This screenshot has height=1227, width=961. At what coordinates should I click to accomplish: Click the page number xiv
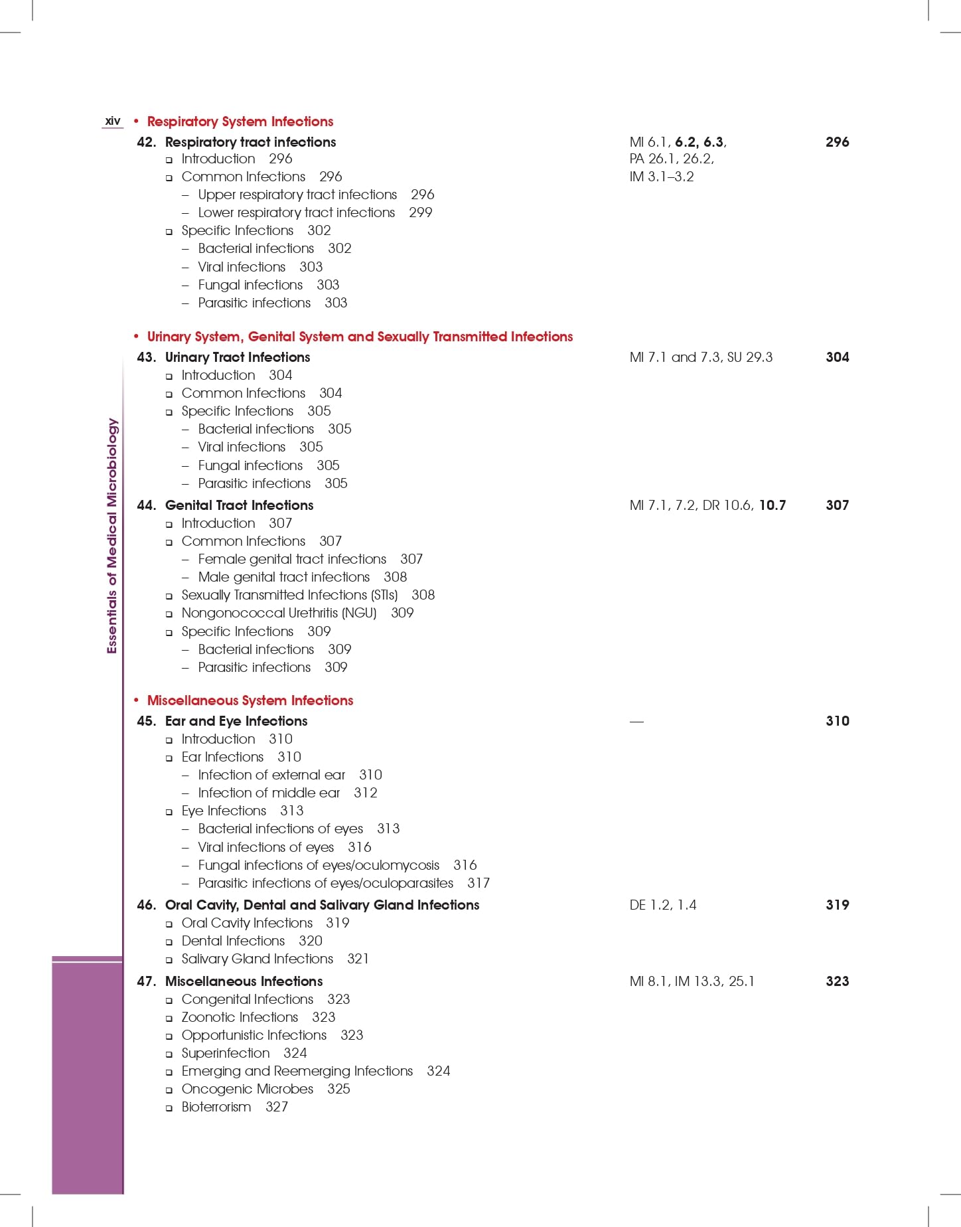pyautogui.click(x=113, y=121)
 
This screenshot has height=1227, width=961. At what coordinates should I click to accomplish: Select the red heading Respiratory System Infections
pyautogui.click(x=240, y=122)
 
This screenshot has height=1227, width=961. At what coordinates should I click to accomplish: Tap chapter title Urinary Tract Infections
pyautogui.click(x=237, y=357)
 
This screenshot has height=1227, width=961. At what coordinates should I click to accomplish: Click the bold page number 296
pyautogui.click(x=837, y=142)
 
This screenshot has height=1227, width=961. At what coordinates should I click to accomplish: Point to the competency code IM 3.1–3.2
pyautogui.click(x=661, y=177)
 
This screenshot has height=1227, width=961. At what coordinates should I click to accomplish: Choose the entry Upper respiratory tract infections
pyautogui.click(x=297, y=195)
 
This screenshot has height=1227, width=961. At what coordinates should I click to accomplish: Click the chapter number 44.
pyautogui.click(x=146, y=505)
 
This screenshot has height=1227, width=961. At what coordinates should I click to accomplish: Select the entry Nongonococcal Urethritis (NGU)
pyautogui.click(x=279, y=613)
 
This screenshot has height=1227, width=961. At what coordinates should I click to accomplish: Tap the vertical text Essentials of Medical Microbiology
pyautogui.click(x=112, y=535)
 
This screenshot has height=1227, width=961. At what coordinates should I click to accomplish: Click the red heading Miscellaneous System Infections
pyautogui.click(x=250, y=700)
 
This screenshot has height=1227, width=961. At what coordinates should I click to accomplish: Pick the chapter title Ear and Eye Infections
pyautogui.click(x=236, y=721)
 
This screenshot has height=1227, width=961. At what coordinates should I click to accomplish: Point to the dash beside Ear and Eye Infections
pyautogui.click(x=636, y=722)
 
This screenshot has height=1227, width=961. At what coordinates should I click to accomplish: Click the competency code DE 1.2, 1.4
pyautogui.click(x=662, y=905)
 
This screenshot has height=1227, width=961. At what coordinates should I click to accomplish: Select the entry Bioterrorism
pyautogui.click(x=216, y=1107)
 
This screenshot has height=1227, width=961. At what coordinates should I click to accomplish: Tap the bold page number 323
pyautogui.click(x=837, y=981)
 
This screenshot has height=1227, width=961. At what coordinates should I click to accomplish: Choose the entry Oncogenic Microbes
pyautogui.click(x=247, y=1089)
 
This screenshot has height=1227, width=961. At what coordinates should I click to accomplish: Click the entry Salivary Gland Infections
pyautogui.click(x=257, y=959)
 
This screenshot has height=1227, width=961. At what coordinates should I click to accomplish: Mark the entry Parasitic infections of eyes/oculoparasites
pyautogui.click(x=325, y=883)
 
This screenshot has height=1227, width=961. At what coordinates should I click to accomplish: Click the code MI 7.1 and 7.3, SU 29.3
pyautogui.click(x=700, y=357)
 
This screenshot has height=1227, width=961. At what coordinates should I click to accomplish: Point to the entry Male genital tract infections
pyautogui.click(x=283, y=577)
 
